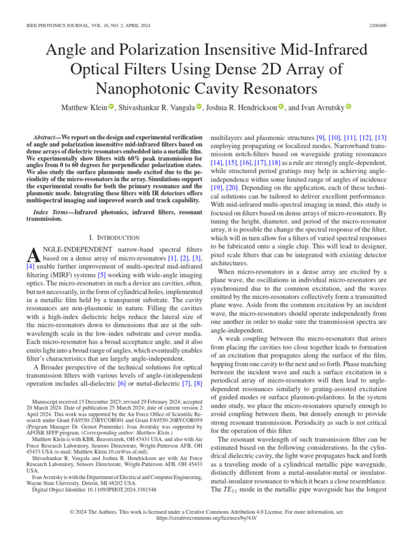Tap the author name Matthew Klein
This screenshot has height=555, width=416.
(87, 107)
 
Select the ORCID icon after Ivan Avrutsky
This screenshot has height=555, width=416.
(349, 107)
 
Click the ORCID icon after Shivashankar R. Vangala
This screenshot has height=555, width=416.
(199, 107)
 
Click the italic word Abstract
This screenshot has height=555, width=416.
(45, 138)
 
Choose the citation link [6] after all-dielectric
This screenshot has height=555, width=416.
(122, 384)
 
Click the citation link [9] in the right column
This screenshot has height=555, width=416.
(321, 138)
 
